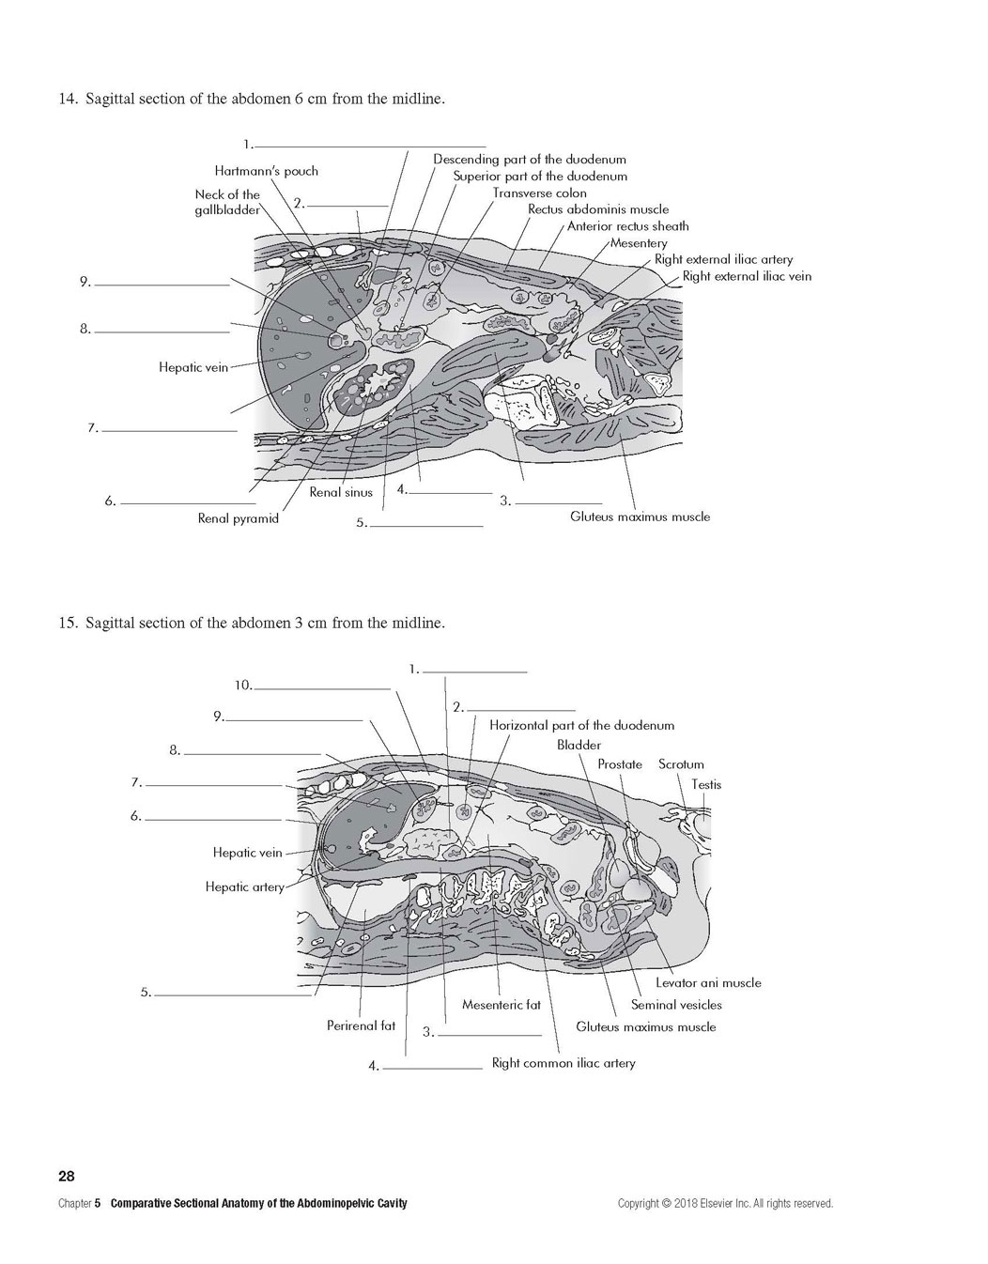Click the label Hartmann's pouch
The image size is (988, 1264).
coord(267,171)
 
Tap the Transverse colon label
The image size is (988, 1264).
coord(540,193)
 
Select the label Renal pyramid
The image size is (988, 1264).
coord(238,518)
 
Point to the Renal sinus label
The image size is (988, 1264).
coord(341,492)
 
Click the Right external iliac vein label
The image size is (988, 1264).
coord(747,276)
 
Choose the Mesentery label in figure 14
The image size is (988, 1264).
coord(639,243)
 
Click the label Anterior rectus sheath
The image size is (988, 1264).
coord(628,226)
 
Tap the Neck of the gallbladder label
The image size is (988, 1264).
coord(227,202)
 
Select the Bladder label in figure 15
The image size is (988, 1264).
coord(579,745)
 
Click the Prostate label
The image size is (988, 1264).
coord(620,764)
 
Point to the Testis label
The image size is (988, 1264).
coord(706,785)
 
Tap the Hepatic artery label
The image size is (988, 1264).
coord(245,887)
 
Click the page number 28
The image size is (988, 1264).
coord(67,1176)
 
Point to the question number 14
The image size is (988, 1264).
coord(68,99)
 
